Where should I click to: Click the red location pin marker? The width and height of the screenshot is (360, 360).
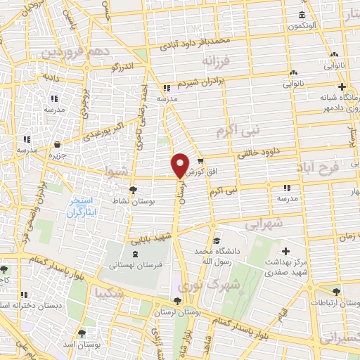coord(180,165)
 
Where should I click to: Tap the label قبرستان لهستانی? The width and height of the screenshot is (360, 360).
coord(134,266)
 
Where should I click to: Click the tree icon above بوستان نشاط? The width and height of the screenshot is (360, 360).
coord(134,189)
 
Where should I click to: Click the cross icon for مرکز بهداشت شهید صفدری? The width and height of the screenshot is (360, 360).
coord(285,251)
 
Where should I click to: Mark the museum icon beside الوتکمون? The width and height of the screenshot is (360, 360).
coord(302,15)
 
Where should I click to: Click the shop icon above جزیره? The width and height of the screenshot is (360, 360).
coord(56,145)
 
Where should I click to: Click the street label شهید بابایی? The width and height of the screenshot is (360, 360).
coord(150,238)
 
